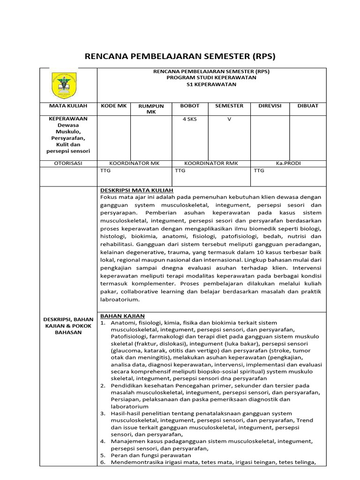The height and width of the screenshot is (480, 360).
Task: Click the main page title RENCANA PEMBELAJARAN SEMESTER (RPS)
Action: point(180,57)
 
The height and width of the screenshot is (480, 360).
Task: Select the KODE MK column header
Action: point(114,106)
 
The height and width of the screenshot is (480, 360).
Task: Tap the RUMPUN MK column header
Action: point(150,109)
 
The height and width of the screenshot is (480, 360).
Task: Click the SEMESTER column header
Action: point(229,106)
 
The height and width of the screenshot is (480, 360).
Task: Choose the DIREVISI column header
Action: point(270,106)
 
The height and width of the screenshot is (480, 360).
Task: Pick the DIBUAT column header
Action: point(307,106)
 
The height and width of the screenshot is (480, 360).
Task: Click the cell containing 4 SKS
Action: point(189,119)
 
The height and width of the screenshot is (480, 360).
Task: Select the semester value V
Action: point(229,119)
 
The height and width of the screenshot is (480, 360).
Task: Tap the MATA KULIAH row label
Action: point(68,106)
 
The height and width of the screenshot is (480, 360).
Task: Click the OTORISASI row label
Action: point(68,163)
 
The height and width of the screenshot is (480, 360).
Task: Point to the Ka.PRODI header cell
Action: point(288,163)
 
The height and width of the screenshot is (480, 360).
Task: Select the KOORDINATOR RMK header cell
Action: point(211,163)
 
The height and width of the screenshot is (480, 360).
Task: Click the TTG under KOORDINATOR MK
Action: point(105,171)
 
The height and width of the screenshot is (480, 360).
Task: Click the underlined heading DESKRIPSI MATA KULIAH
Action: point(137,190)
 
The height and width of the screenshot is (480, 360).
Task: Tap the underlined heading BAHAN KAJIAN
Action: point(122,316)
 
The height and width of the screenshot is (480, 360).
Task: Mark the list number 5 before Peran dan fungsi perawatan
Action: point(103,455)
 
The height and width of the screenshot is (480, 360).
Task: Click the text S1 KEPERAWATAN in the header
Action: point(211,84)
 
